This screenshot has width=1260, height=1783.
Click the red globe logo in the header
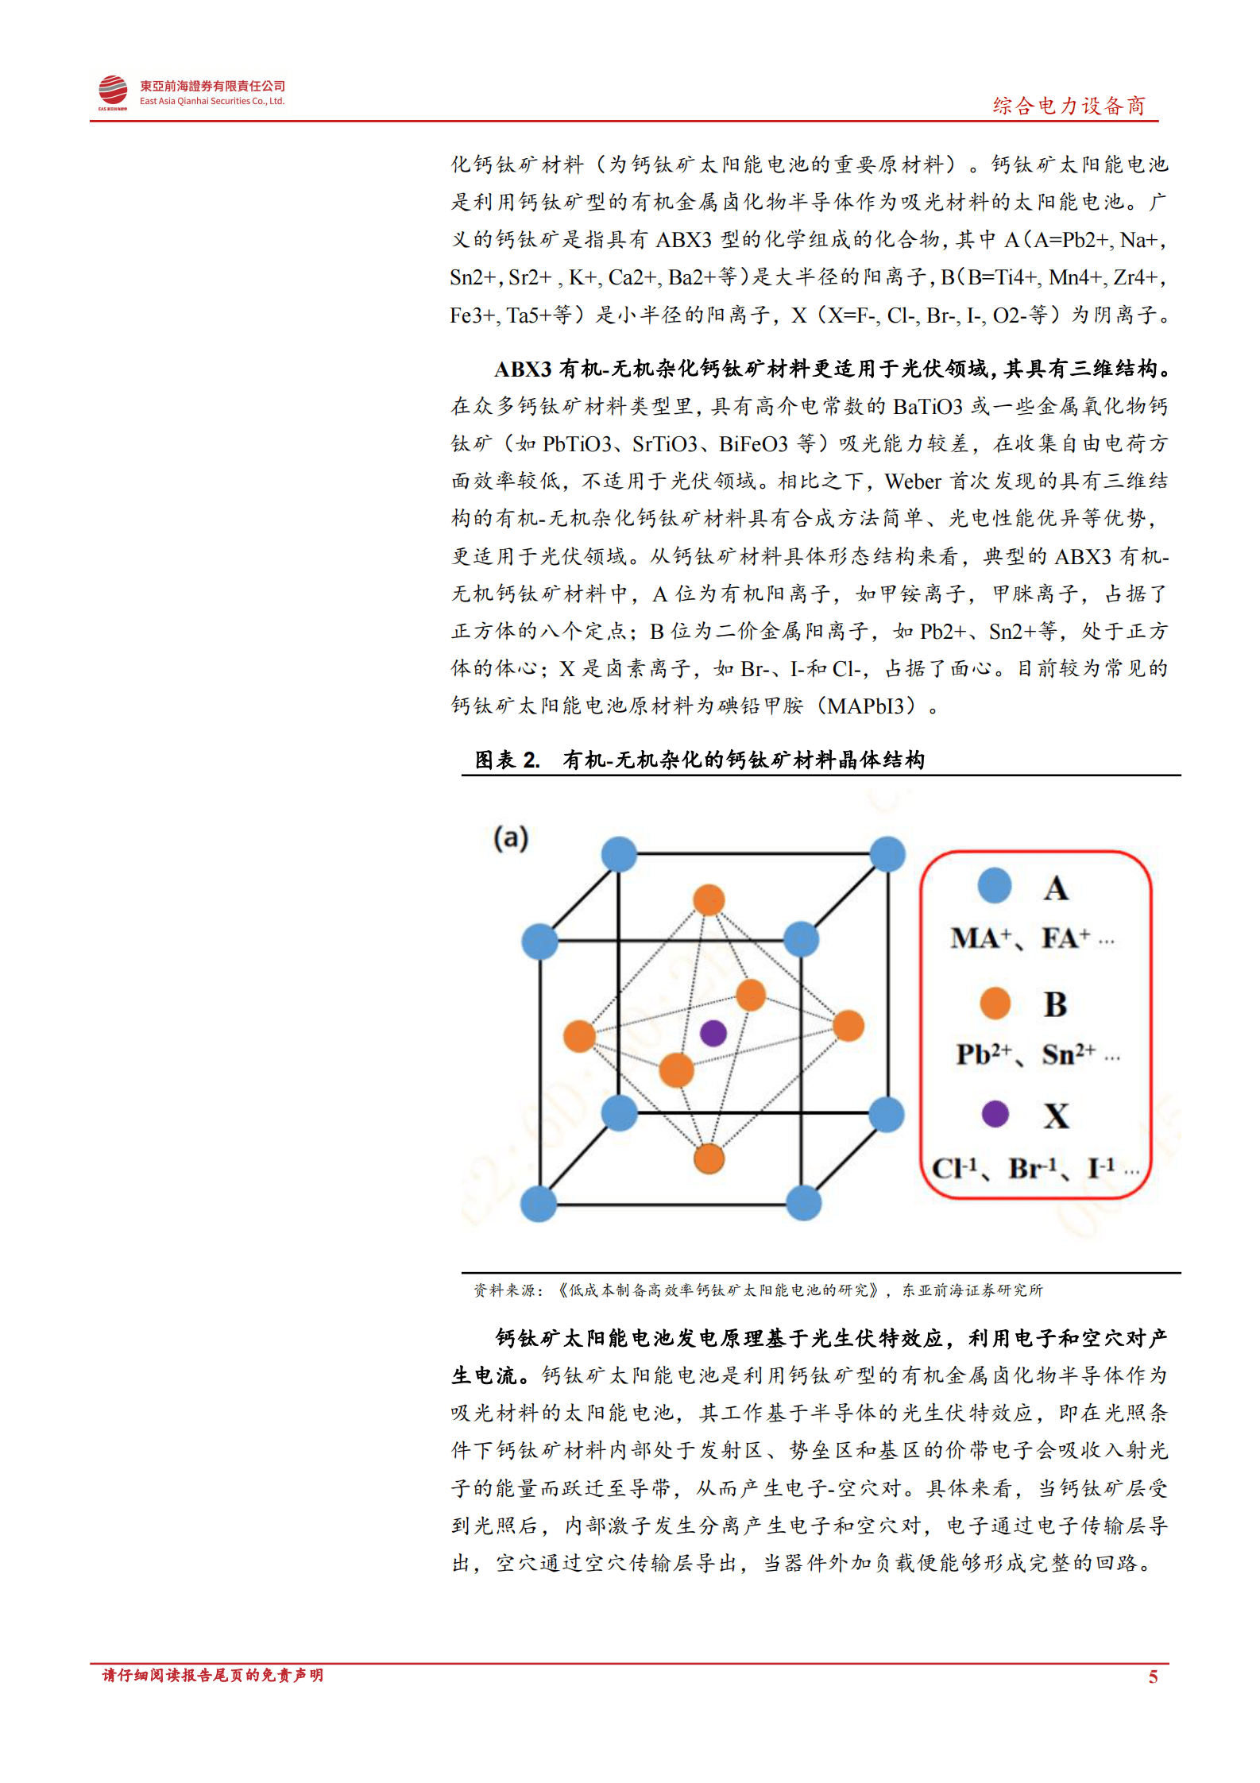113,91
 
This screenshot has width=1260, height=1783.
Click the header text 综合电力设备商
1069,106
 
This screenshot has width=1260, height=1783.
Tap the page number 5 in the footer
1153,1677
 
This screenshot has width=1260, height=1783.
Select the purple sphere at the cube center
713,1033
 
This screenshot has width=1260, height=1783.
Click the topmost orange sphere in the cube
709,900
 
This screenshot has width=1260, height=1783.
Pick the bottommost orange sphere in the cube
709,1158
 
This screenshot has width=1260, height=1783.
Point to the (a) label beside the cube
511,837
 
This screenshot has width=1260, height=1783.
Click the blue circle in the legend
995,886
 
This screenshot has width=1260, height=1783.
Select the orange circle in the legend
995,1003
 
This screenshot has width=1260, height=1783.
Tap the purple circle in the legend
995,1114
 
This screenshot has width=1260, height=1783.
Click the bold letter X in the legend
1056,1116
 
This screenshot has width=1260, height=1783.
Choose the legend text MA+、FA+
1031,938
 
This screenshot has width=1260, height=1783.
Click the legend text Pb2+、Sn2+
1036,1054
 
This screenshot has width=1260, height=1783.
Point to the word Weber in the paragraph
913,482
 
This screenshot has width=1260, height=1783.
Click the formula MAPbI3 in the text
871,706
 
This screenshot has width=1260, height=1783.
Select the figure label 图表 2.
507,760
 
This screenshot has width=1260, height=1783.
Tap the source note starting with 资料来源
757,1290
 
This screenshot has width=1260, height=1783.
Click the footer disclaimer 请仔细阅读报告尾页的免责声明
213,1676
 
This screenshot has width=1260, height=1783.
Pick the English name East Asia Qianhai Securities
211,102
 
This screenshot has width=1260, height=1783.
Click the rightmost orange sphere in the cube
848,1026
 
